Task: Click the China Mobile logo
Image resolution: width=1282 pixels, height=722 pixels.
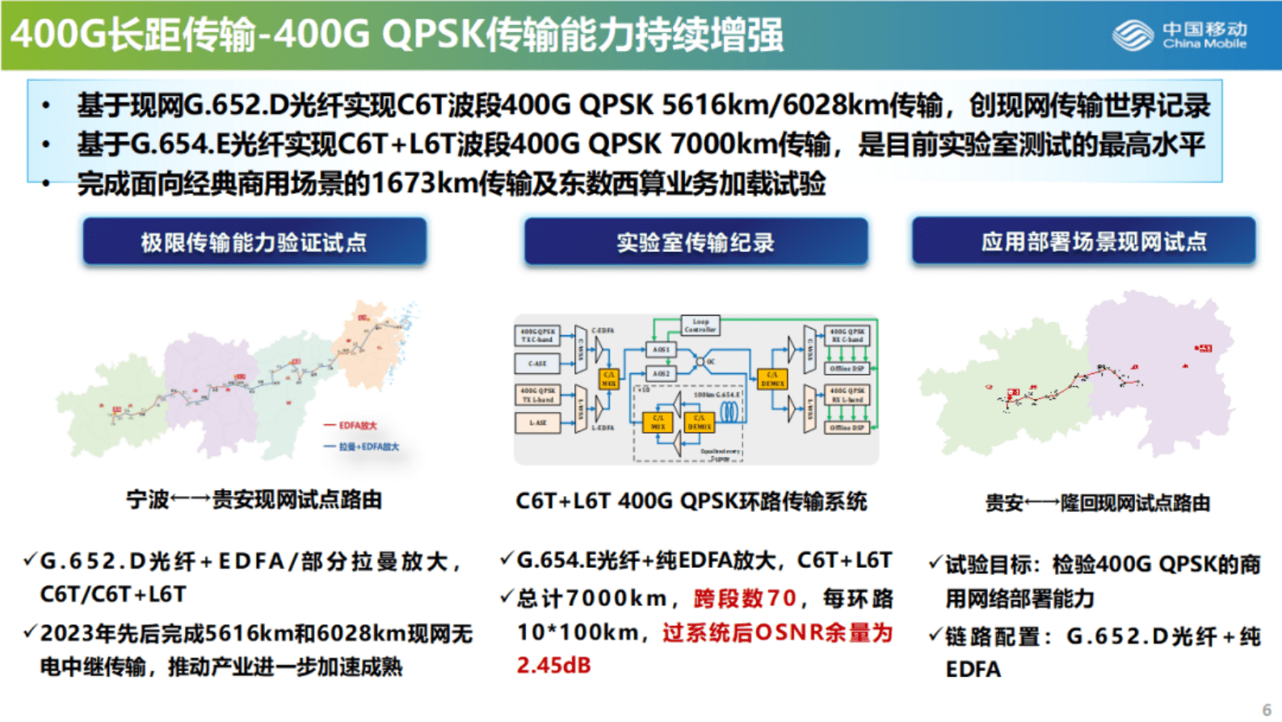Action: click(1179, 35)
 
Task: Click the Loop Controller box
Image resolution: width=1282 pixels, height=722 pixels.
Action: click(700, 325)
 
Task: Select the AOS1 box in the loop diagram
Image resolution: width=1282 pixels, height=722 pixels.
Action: click(661, 350)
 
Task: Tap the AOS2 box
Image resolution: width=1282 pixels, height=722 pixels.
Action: click(661, 374)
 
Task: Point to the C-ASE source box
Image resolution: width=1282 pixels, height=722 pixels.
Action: click(537, 363)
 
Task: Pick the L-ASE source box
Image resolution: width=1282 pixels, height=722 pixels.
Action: click(537, 422)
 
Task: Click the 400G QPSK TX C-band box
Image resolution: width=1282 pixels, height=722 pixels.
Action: click(537, 335)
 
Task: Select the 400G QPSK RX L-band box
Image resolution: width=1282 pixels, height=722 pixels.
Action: click(847, 395)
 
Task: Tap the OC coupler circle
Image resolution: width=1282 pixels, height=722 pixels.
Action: click(701, 362)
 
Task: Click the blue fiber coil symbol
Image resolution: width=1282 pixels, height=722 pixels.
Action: click(730, 412)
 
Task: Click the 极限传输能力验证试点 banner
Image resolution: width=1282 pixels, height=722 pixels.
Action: click(254, 241)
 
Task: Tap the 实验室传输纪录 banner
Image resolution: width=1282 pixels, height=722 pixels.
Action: click(696, 241)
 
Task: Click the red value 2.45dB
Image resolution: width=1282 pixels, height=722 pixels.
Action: click(554, 665)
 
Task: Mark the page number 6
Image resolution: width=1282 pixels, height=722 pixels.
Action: click(1267, 709)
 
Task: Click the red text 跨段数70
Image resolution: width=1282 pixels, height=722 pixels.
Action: click(745, 598)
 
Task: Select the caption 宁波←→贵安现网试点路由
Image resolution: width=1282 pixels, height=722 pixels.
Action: click(254, 500)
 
